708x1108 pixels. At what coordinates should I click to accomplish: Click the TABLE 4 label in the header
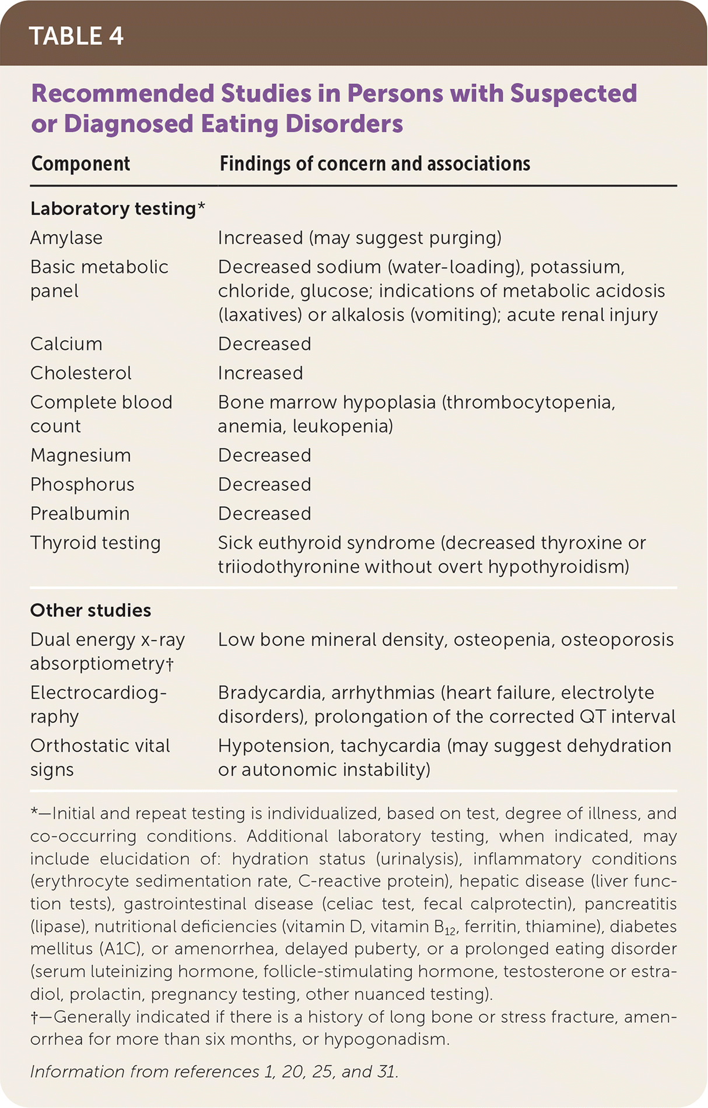(76, 36)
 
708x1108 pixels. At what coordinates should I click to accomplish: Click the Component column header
(80, 164)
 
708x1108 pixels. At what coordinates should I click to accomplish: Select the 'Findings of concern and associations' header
(374, 164)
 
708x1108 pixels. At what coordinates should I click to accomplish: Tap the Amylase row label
(66, 238)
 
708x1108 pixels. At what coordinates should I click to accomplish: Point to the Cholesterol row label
(81, 373)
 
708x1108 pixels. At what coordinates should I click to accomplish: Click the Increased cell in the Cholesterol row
(260, 373)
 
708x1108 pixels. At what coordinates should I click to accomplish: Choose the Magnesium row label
(80, 455)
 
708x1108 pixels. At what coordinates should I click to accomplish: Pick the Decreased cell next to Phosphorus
(264, 485)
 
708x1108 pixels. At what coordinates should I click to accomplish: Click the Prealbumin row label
(80, 514)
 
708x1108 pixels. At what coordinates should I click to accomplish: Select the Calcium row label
(66, 344)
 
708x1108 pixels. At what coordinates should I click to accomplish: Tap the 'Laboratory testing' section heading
(113, 209)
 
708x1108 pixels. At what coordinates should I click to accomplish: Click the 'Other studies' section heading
(90, 611)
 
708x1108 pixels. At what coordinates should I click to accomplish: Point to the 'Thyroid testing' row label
(96, 543)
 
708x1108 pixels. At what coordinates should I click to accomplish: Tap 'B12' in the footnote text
(446, 927)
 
